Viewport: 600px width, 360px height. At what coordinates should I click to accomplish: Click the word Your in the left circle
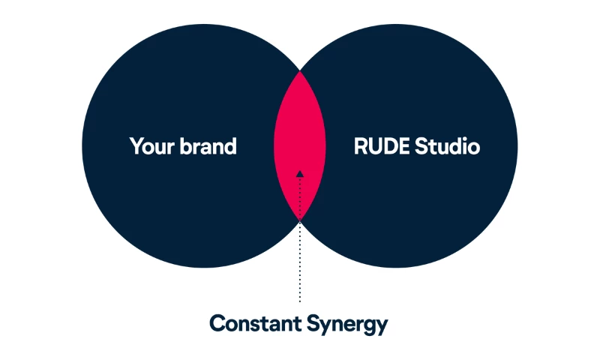(x=152, y=146)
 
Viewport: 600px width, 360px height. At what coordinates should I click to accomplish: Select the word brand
(x=208, y=145)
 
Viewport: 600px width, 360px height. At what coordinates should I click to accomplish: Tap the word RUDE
(x=382, y=146)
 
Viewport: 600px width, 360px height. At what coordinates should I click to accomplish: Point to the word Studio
(x=448, y=145)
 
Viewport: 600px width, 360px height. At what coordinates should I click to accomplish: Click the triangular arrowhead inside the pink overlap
(x=299, y=174)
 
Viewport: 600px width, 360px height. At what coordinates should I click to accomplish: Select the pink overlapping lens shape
(x=299, y=146)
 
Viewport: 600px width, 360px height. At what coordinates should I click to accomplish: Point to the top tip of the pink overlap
(x=299, y=71)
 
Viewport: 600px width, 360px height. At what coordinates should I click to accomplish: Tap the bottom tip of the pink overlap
(x=299, y=221)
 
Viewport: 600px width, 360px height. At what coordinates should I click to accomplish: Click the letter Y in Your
(x=137, y=146)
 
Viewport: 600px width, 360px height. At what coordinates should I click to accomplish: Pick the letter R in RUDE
(x=361, y=146)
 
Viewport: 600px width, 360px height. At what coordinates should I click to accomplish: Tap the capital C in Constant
(x=217, y=323)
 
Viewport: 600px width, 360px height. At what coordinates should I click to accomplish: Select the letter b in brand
(x=186, y=145)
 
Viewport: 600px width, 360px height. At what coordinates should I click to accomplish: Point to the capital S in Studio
(x=421, y=146)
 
